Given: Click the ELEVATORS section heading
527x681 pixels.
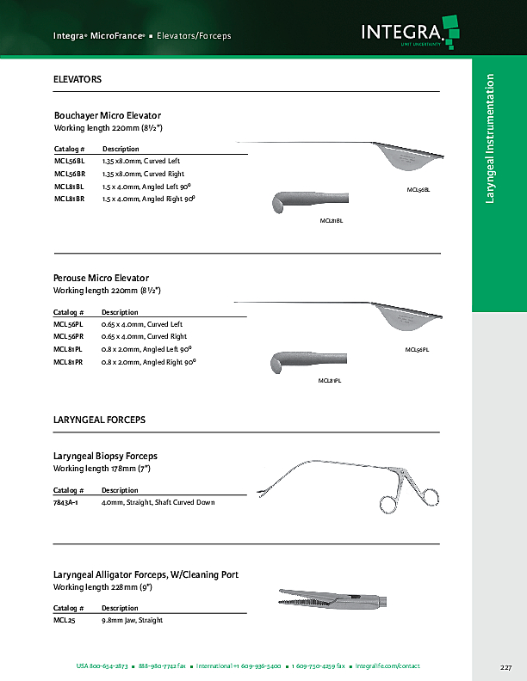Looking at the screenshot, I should point(77,79).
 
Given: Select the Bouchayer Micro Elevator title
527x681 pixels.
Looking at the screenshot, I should point(108,115).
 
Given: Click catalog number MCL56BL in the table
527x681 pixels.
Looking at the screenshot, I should point(69,161).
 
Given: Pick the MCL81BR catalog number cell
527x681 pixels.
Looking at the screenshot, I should point(69,199).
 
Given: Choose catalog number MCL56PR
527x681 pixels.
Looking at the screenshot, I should point(69,336).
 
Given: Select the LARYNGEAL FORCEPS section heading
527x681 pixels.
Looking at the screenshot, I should point(99,420).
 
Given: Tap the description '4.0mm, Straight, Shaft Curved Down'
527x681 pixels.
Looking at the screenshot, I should point(158,502).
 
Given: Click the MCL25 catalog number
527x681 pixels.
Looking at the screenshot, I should point(62,620).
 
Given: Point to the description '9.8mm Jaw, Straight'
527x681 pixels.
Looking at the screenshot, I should point(132,620).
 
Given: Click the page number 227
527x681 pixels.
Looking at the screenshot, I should point(505,667).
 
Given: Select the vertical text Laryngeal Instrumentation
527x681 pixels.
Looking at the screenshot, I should point(490,138).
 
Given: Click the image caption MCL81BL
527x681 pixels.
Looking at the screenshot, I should point(332,221).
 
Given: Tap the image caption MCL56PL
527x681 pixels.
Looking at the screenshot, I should point(417,350).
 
